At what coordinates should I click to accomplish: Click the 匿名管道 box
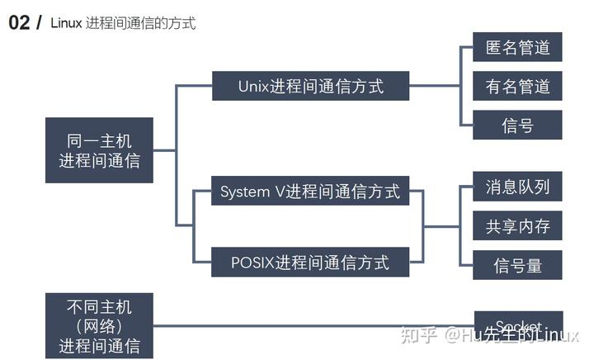517,47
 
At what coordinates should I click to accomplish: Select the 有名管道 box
517,86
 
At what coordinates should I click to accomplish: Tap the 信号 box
517,125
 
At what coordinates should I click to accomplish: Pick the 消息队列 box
517,187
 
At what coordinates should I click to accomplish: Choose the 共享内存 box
517,225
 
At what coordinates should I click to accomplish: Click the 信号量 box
517,264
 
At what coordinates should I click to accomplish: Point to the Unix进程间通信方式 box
310,86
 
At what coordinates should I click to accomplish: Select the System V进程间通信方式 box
310,192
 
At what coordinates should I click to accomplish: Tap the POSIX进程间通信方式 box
310,263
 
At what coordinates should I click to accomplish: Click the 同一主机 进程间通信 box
99,150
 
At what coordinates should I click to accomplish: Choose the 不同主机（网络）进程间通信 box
99,325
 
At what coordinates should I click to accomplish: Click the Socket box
518,324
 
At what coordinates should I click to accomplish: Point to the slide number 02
19,23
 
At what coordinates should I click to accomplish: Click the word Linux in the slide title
66,23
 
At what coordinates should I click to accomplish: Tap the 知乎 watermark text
417,335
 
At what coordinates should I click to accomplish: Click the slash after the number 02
38,23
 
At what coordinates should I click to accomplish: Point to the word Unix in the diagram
255,86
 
